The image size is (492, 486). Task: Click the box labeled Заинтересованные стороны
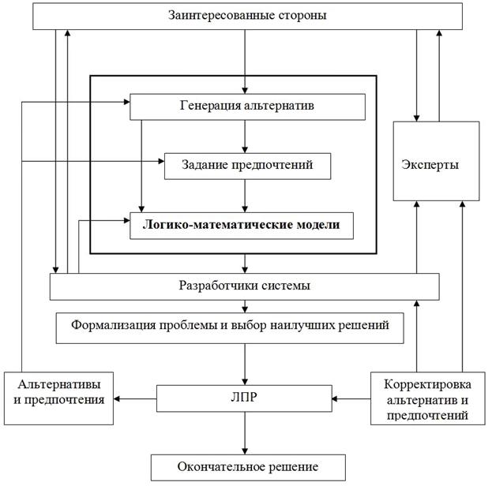247,17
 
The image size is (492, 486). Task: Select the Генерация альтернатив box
247,107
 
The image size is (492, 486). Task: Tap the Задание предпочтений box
247,166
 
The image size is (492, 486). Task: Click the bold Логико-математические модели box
242,226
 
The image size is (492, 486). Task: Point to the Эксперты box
437,161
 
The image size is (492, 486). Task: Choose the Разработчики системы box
245,286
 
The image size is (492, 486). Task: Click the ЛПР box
244,398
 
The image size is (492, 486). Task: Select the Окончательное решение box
248,468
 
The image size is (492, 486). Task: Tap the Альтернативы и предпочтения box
58,398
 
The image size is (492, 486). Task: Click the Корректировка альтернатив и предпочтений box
428,398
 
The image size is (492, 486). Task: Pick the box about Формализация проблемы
230,328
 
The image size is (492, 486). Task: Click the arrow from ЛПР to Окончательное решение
245,433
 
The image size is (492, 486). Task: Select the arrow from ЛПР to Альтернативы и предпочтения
135,399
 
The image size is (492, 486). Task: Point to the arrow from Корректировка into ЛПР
351,399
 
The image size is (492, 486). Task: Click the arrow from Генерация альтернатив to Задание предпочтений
245,136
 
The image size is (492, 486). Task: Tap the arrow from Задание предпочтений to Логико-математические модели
245,196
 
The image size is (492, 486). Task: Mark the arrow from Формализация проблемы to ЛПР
245,364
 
